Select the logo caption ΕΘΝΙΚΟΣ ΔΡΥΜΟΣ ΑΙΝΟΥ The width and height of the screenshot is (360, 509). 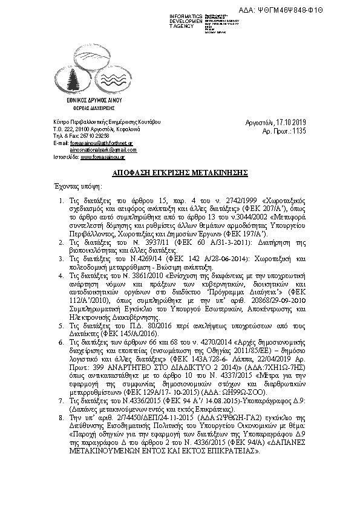95,100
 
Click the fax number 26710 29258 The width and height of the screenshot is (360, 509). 87,136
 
